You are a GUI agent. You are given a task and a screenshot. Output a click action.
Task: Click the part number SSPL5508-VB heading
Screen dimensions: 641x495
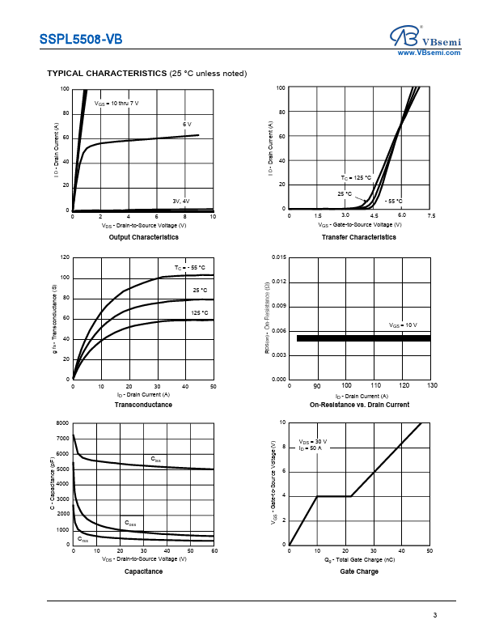pos(82,38)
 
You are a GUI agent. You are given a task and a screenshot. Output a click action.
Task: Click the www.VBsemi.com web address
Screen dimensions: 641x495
pos(429,53)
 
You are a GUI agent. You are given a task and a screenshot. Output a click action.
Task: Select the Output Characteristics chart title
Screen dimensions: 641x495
pos(143,237)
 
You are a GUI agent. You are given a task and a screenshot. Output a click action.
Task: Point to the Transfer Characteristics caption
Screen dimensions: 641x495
pos(359,237)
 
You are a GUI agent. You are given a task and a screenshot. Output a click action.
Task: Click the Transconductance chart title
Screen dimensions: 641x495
pos(143,405)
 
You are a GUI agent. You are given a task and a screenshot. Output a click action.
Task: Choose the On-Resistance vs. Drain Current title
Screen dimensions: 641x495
pos(359,405)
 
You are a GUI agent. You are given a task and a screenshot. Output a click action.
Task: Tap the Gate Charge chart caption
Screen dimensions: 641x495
pos(359,571)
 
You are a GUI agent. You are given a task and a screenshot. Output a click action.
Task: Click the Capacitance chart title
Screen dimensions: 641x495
pos(143,571)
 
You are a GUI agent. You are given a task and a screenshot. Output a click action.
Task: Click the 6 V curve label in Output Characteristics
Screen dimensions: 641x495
pos(187,124)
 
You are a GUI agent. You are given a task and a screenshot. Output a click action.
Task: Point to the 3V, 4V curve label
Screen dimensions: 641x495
pos(180,201)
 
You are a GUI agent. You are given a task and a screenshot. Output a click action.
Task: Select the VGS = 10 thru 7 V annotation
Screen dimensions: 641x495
pos(116,104)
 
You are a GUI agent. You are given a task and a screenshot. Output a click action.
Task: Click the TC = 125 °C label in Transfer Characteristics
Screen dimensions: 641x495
pos(356,177)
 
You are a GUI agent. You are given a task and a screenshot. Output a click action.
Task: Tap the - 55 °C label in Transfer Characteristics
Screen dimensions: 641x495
pos(394,201)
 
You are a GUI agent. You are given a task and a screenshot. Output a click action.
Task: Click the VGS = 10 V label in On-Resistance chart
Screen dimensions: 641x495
pos(403,325)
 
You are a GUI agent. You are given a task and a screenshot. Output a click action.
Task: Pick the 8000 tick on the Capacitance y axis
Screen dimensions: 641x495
pos(62,424)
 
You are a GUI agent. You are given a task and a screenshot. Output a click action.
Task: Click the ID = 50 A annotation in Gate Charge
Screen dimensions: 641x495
pos(310,448)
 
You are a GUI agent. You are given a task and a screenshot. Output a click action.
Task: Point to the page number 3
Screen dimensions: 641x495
pos(434,617)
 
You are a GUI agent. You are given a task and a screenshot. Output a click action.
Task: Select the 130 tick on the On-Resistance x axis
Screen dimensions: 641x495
pos(431,386)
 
